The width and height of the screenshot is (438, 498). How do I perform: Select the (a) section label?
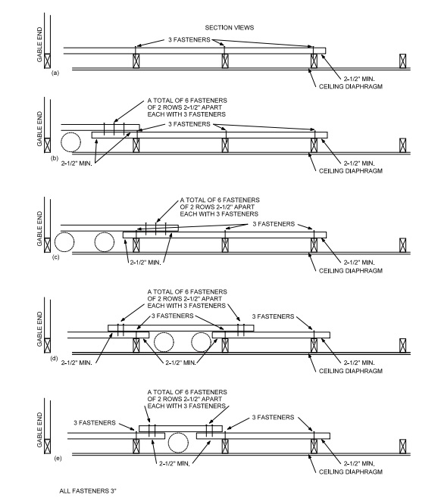[55, 74]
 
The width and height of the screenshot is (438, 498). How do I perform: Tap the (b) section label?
[55, 158]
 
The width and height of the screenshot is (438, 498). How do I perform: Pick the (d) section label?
[55, 356]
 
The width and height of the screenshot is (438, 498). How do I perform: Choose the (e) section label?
[55, 458]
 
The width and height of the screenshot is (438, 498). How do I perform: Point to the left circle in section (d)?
[163, 344]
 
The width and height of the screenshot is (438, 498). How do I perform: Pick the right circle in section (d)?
[202, 344]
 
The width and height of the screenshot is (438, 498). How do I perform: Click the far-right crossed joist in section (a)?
[403, 61]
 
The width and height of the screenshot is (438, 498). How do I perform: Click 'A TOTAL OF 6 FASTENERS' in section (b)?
[186, 100]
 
